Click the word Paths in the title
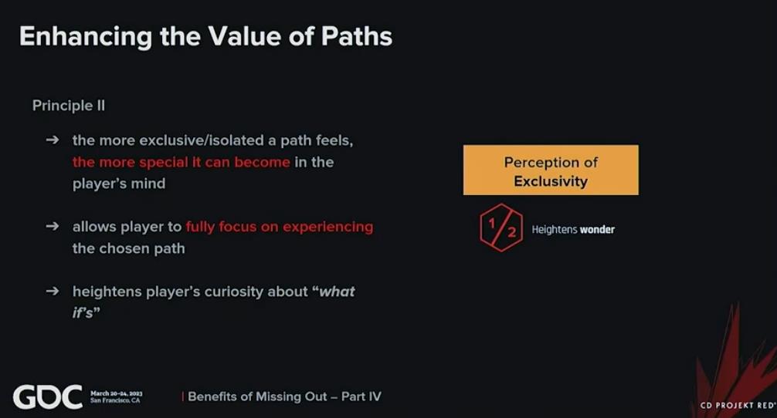tap(356, 36)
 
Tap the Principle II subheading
tap(69, 106)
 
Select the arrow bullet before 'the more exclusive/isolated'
tap(52, 140)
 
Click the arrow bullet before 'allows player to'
tap(52, 226)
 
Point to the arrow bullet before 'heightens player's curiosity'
tap(52, 291)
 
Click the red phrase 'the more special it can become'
tap(181, 162)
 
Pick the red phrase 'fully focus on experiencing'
tap(280, 227)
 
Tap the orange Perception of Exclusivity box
tap(551, 170)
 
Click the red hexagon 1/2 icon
tap(501, 228)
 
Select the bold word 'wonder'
tap(597, 230)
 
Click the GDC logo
tap(48, 396)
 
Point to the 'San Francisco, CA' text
tap(115, 400)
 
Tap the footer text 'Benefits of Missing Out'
tap(257, 396)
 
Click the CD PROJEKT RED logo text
tap(738, 405)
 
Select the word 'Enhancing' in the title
tap(86, 37)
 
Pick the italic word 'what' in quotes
tap(337, 292)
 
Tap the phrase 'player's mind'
tap(119, 184)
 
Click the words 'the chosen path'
tap(128, 248)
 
